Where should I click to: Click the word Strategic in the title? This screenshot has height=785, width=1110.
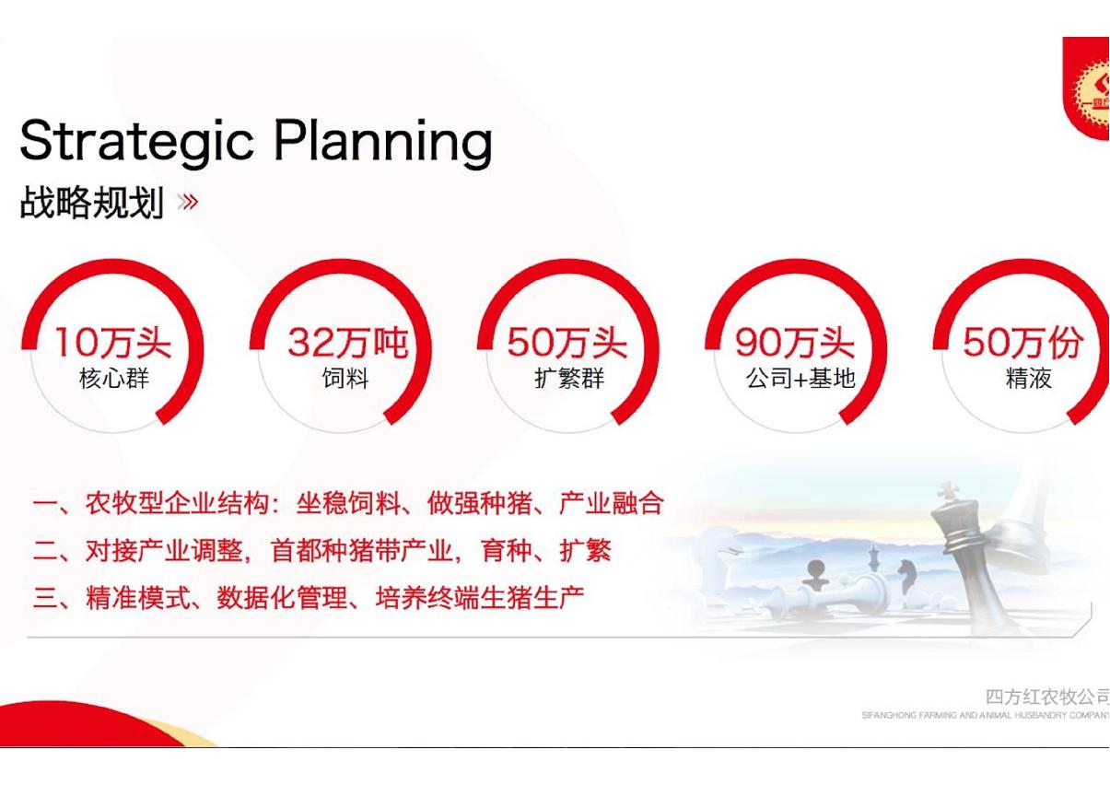tap(136, 141)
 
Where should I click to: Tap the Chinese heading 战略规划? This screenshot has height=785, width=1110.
tap(92, 202)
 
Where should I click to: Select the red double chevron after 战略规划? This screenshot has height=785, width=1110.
tap(188, 202)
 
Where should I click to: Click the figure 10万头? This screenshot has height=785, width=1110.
tap(113, 343)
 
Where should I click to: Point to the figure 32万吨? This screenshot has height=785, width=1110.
tap(348, 343)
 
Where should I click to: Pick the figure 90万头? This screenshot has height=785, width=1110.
tap(795, 343)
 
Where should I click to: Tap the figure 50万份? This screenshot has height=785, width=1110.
tap(1022, 343)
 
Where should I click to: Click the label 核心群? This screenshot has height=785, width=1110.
tap(114, 379)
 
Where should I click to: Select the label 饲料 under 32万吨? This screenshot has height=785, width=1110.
tap(345, 379)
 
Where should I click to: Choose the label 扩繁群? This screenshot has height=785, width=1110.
tap(570, 379)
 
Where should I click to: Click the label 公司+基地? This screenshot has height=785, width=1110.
tap(800, 379)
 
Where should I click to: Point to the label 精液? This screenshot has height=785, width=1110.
tap(1029, 379)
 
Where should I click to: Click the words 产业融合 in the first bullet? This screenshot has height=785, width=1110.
tap(612, 503)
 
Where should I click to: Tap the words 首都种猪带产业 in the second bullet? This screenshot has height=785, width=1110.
tap(362, 550)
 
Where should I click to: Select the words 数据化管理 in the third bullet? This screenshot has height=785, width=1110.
tap(282, 597)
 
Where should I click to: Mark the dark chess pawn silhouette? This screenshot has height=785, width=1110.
tap(816, 575)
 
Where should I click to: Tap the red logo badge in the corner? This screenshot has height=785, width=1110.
tap(1087, 88)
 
